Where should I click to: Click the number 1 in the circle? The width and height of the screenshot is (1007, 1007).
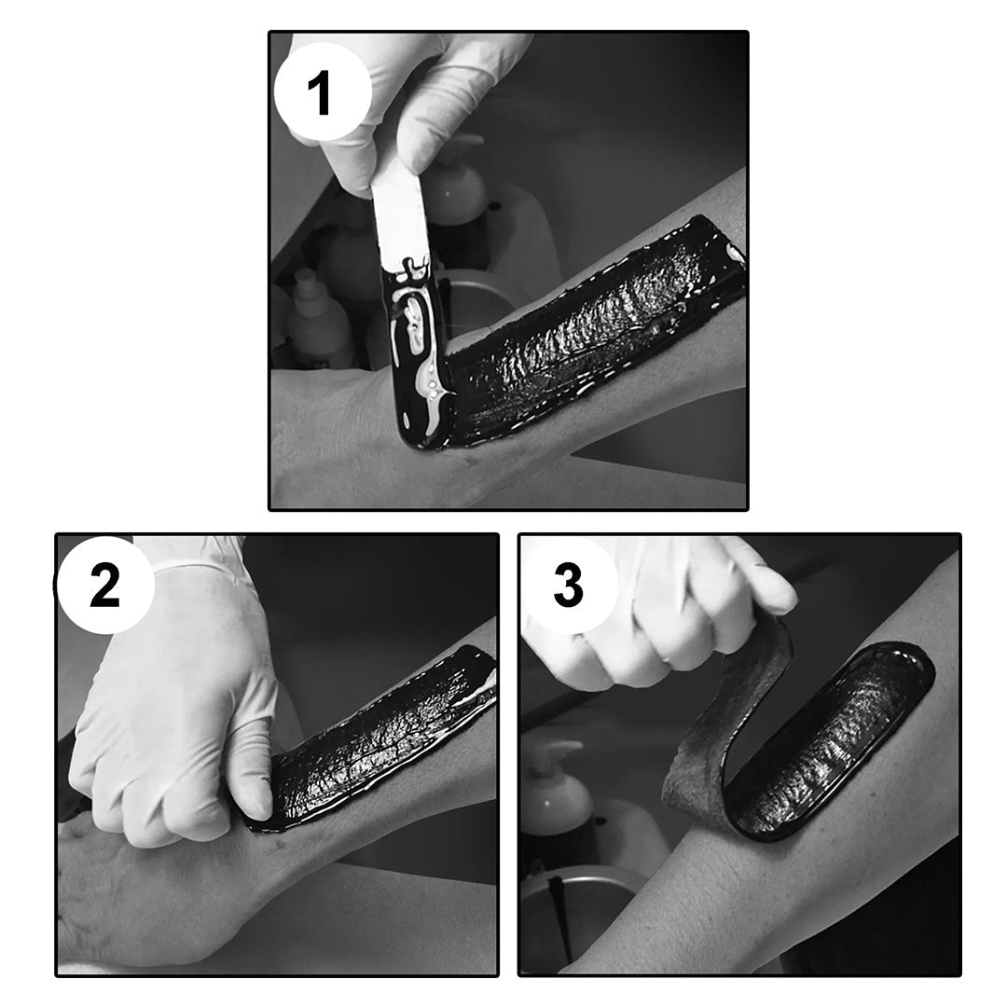pyautogui.click(x=320, y=94)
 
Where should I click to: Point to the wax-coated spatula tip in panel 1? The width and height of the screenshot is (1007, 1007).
pyautogui.click(x=418, y=353)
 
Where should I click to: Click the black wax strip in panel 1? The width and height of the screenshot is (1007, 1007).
pyautogui.click(x=591, y=334)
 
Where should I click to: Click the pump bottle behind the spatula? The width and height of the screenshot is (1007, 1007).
pyautogui.click(x=457, y=186)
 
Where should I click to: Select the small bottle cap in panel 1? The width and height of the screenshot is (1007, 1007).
pyautogui.click(x=306, y=278)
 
